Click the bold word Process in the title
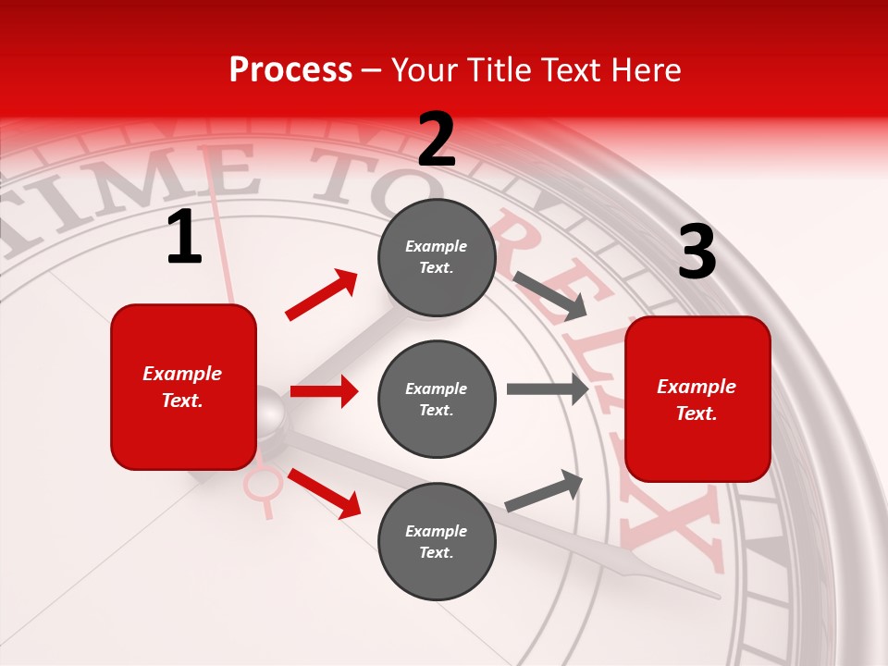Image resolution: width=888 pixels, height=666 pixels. point(290,69)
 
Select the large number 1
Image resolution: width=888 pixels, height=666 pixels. point(184,237)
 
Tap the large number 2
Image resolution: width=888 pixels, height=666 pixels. point(437,139)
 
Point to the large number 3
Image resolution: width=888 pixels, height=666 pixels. point(697,253)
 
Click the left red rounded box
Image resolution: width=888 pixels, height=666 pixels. point(183,387)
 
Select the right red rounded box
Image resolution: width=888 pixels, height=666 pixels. point(697,399)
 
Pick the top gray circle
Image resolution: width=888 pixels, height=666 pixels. point(437,257)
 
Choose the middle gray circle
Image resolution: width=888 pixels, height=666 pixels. point(437,399)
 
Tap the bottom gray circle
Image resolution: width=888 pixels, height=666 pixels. point(437,541)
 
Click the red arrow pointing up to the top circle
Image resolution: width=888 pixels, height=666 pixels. point(322,295)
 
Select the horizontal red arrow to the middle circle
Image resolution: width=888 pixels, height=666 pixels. point(324,391)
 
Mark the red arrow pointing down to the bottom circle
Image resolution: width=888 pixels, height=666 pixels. point(324,493)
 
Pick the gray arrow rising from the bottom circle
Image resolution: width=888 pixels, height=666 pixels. point(544,491)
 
